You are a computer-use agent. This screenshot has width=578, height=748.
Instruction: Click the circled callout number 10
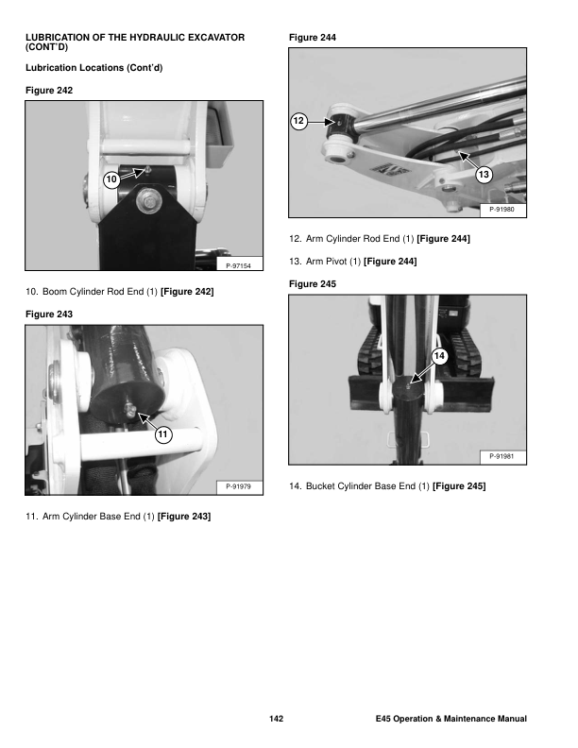111,179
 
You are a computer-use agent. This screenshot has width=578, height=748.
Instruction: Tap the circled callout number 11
163,434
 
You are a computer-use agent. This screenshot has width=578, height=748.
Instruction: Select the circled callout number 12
298,121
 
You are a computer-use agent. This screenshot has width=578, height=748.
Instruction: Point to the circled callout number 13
484,175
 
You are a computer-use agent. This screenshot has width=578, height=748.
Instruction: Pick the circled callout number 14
439,356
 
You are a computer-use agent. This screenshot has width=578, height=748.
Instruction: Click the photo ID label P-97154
238,265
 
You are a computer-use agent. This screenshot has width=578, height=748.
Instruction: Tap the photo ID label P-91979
238,486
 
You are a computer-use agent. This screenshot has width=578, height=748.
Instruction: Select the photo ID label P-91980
501,210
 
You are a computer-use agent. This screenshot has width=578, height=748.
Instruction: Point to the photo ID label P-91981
501,456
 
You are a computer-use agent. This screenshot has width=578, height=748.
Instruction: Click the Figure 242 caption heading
49,91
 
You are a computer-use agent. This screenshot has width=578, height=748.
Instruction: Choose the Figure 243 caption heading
49,314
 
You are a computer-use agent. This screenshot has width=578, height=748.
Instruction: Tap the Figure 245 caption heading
313,284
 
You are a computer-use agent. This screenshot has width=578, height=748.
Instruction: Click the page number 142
276,719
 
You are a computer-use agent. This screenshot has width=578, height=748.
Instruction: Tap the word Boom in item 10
55,292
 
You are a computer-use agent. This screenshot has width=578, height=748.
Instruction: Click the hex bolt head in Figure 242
149,202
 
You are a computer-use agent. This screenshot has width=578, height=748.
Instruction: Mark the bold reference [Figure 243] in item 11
184,517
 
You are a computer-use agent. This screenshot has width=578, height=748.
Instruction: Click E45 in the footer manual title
383,719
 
